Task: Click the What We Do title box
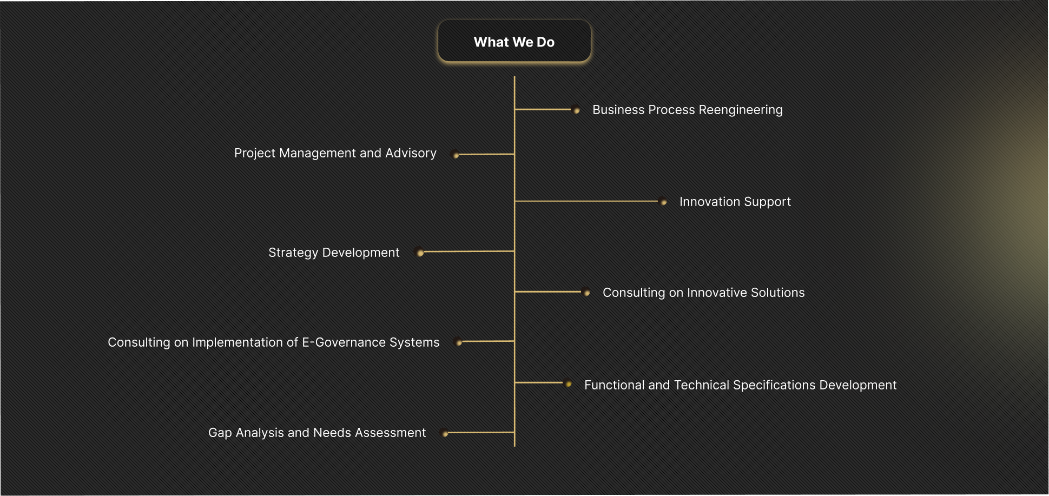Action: (514, 42)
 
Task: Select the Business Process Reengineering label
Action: (688, 110)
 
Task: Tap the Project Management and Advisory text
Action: (335, 153)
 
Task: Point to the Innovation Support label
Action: (735, 202)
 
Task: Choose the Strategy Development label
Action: (334, 253)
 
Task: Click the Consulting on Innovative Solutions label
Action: (704, 293)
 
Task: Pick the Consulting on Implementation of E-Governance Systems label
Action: (274, 342)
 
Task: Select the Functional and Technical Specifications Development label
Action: (741, 385)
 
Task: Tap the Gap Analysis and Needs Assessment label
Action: (317, 433)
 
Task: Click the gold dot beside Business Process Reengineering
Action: (577, 110)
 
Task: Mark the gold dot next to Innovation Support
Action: (664, 202)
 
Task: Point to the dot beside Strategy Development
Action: (420, 253)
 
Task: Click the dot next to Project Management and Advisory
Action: (456, 155)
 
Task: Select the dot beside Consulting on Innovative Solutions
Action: (587, 293)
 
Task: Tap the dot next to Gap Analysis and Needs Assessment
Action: (445, 433)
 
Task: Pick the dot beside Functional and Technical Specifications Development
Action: (568, 383)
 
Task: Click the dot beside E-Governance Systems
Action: (459, 342)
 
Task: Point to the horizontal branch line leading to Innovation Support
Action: (586, 201)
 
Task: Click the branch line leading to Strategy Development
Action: (469, 252)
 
